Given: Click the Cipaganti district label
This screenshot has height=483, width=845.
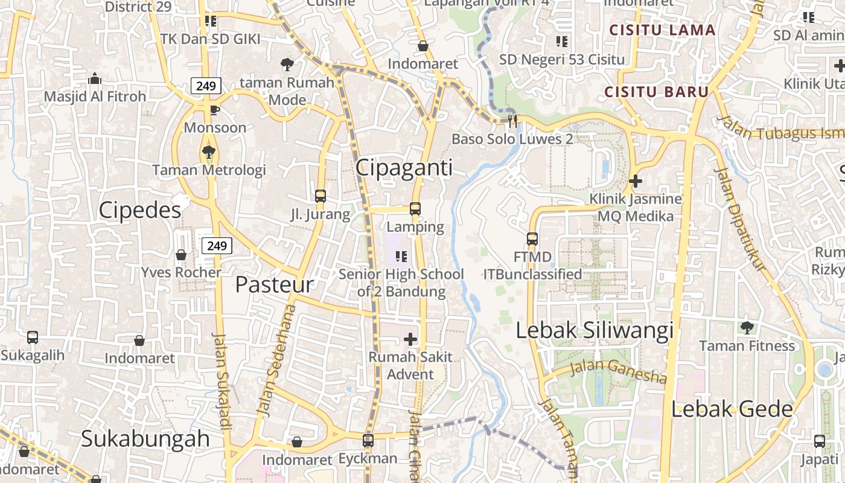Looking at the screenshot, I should [404, 167].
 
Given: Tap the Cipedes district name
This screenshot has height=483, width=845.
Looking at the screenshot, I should [139, 210].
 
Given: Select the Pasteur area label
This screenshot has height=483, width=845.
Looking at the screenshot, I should [275, 284].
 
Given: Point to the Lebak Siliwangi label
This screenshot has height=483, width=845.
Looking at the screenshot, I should [595, 330].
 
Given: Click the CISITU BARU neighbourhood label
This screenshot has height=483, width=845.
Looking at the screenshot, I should [656, 92].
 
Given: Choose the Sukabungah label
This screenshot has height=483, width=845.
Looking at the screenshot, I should [145, 439].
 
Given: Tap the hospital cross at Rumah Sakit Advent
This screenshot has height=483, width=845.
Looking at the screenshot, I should [410, 339].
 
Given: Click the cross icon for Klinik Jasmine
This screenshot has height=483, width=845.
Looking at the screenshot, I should [635, 181].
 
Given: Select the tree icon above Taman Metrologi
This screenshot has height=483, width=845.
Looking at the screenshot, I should [209, 152].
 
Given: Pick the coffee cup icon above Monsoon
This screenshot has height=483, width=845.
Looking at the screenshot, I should [215, 109].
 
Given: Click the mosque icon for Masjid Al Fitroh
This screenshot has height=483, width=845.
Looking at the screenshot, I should [95, 78].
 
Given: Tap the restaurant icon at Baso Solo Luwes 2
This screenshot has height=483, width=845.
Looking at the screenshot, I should [512, 121].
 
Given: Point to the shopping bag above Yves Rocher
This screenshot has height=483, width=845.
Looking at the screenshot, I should [181, 254].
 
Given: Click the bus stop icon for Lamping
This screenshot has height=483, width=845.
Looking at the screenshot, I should [415, 209].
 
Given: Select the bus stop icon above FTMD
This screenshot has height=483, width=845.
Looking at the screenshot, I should [532, 239].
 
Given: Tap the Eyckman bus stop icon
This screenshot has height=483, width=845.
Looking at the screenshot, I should [368, 441].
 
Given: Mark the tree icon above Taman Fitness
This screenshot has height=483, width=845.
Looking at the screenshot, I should [747, 328].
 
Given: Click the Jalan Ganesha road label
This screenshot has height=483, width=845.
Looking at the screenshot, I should [618, 370].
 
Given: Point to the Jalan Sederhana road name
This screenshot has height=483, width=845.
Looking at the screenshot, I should [276, 361].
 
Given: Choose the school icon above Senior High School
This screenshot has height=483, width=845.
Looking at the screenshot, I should [401, 257].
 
